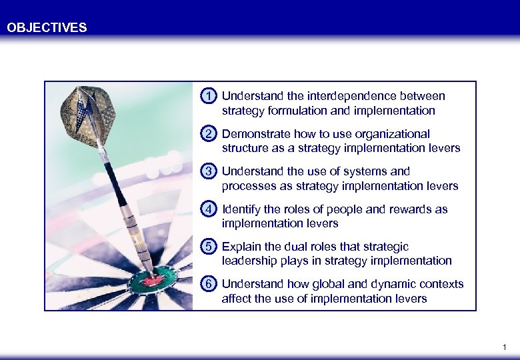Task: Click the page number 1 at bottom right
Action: [504, 347]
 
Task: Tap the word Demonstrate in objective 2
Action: [253, 134]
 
